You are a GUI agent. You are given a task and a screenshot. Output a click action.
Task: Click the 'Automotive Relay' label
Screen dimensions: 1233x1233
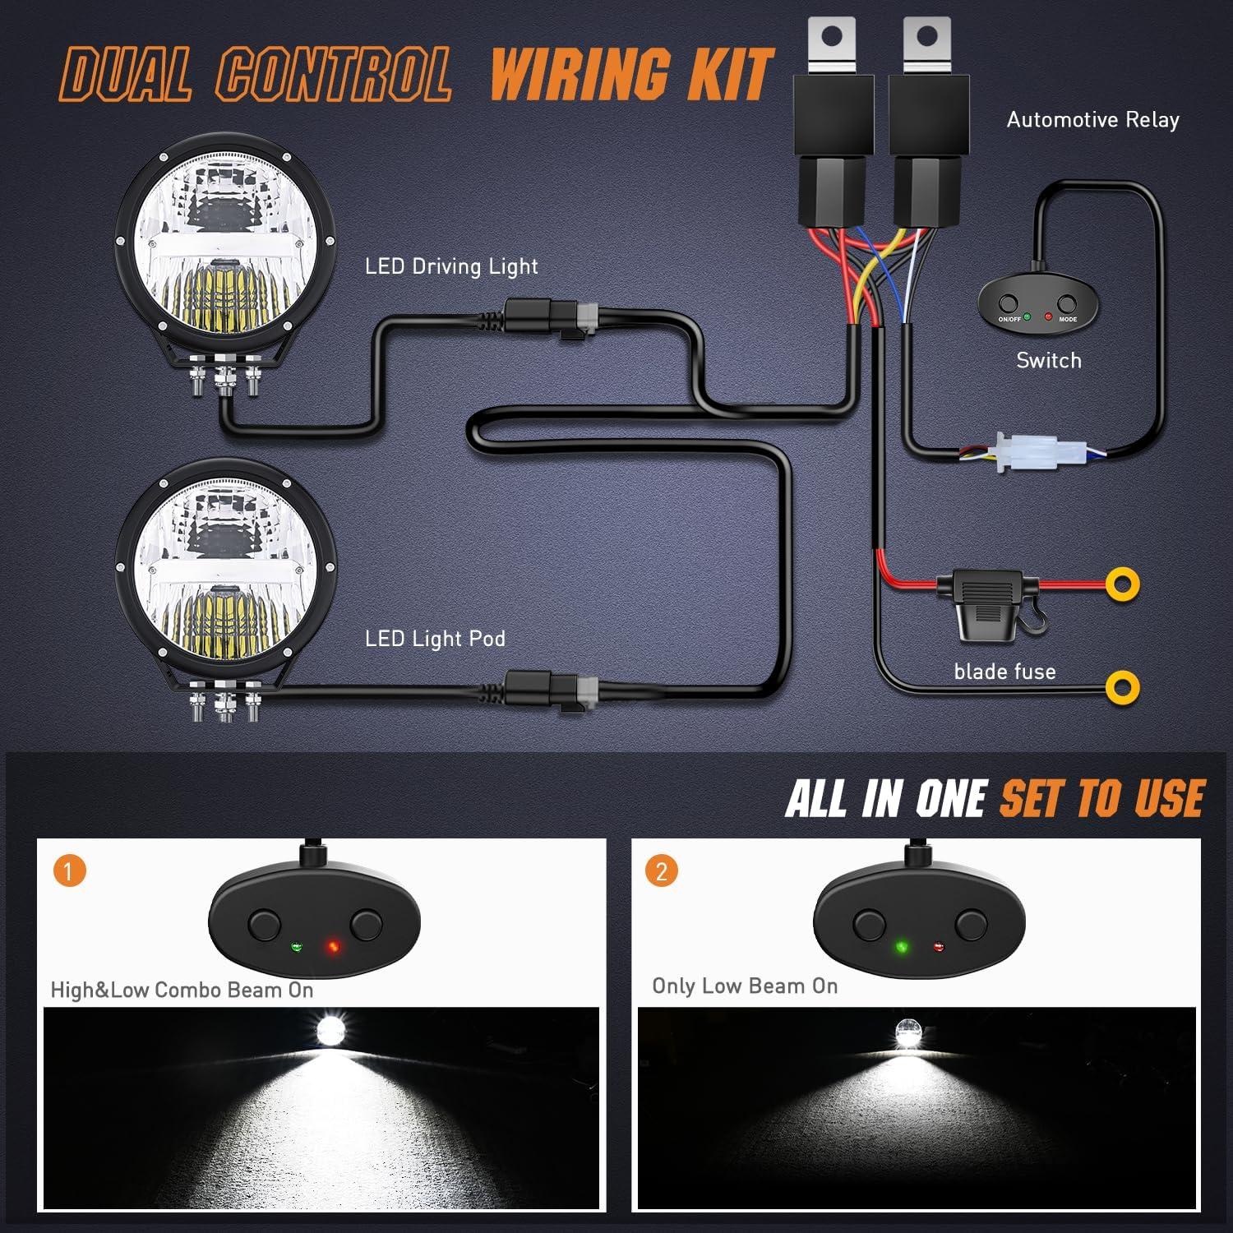coord(1092,120)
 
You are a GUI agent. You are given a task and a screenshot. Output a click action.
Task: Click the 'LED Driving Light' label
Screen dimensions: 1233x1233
coord(451,266)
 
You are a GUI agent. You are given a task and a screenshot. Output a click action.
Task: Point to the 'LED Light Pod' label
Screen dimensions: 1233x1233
coord(435,639)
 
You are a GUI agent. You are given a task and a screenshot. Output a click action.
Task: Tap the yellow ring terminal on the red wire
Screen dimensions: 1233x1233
coord(1122,584)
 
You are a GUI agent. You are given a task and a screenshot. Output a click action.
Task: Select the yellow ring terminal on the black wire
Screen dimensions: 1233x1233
coord(1122,687)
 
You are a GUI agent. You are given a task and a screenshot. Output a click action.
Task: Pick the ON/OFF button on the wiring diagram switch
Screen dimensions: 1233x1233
coord(1009,303)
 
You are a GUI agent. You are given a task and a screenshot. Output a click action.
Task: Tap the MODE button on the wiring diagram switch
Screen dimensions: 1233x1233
coord(1066,303)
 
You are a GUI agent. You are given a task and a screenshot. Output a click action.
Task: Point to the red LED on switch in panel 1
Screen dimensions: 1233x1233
coord(333,948)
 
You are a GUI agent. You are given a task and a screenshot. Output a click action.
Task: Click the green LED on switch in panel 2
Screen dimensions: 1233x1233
coord(901,947)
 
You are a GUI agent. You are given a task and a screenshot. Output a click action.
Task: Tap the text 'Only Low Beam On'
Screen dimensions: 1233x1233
coord(745,986)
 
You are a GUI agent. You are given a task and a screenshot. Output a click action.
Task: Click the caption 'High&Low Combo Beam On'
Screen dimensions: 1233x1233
coord(182,990)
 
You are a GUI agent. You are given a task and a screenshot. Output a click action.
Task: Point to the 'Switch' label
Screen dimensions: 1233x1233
coord(1048,360)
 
